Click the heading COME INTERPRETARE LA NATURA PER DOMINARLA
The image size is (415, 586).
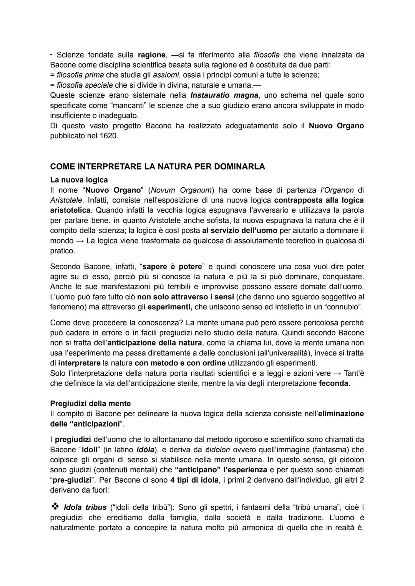tap(158, 167)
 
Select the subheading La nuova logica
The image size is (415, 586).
tap(79, 180)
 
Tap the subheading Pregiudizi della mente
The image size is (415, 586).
tap(90, 403)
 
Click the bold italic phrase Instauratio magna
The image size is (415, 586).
tap(224, 95)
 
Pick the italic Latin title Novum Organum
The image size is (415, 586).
tap(181, 190)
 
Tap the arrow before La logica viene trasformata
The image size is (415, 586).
tap(80, 241)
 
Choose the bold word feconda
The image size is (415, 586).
tap(334, 383)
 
